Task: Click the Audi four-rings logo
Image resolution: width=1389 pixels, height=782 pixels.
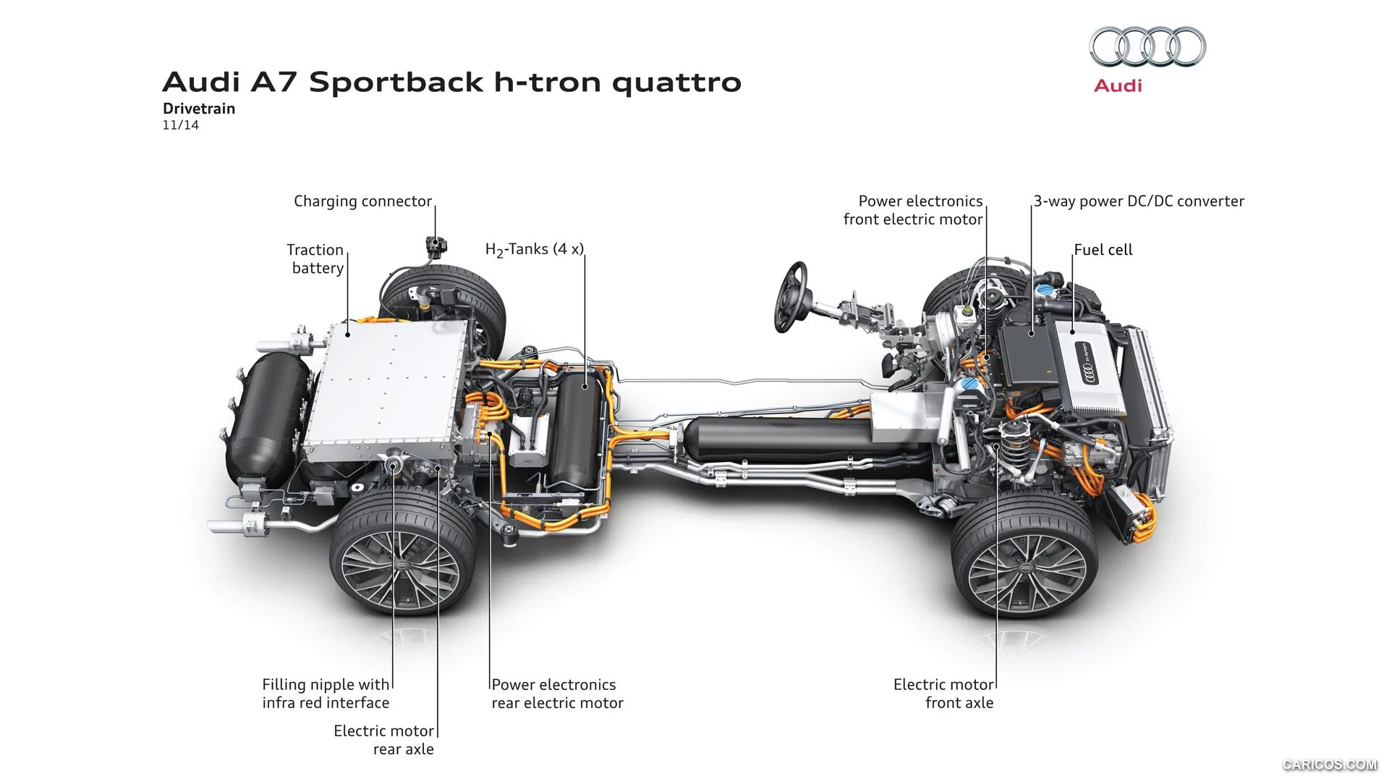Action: point(1147,47)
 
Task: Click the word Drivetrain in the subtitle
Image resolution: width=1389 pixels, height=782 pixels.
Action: point(199,109)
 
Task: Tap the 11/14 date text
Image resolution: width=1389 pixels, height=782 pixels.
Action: point(180,125)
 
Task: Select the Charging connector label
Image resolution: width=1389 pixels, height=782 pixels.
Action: point(362,201)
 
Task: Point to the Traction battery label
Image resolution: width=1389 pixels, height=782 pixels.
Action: point(316,258)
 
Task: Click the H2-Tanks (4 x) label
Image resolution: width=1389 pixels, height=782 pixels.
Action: point(534,250)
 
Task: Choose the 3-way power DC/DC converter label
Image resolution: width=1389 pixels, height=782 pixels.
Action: point(1139,201)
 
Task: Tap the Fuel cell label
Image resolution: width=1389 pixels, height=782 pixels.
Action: point(1103,250)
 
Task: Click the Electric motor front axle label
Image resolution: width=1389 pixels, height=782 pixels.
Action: point(944,693)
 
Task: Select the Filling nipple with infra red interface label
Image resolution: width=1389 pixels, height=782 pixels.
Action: point(326,693)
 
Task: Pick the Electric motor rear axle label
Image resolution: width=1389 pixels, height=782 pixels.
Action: point(384,739)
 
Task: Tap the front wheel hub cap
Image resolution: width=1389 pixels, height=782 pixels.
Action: point(1025,568)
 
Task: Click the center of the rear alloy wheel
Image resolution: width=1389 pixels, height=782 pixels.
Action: point(402,563)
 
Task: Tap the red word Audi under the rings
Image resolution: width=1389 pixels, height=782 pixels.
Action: point(1118,85)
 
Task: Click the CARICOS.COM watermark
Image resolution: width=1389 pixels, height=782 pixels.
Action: point(1329,765)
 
